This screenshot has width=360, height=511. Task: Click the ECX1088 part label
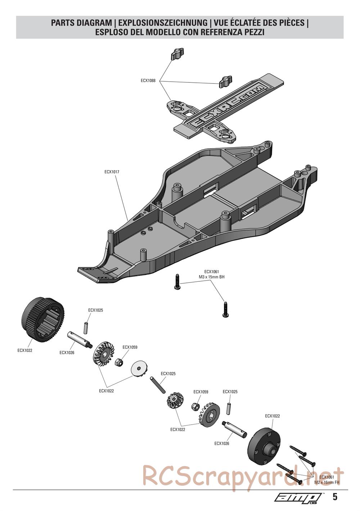pyautogui.click(x=148, y=81)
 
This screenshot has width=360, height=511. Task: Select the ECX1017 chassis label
pyautogui.click(x=112, y=172)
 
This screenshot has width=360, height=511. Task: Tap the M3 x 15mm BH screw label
pyautogui.click(x=211, y=277)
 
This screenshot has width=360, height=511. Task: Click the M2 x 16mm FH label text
pyautogui.click(x=327, y=482)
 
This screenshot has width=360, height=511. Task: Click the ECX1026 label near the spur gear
pyautogui.click(x=67, y=353)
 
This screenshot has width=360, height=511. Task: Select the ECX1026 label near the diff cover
pyautogui.click(x=222, y=443)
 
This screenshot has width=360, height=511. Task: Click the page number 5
pyautogui.click(x=335, y=497)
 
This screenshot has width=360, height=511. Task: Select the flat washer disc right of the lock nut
pyautogui.click(x=139, y=368)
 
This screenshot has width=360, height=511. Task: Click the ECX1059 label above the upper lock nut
pyautogui.click(x=130, y=347)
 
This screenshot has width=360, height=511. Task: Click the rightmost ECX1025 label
pyautogui.click(x=230, y=392)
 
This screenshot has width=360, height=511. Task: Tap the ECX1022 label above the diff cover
pyautogui.click(x=273, y=416)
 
